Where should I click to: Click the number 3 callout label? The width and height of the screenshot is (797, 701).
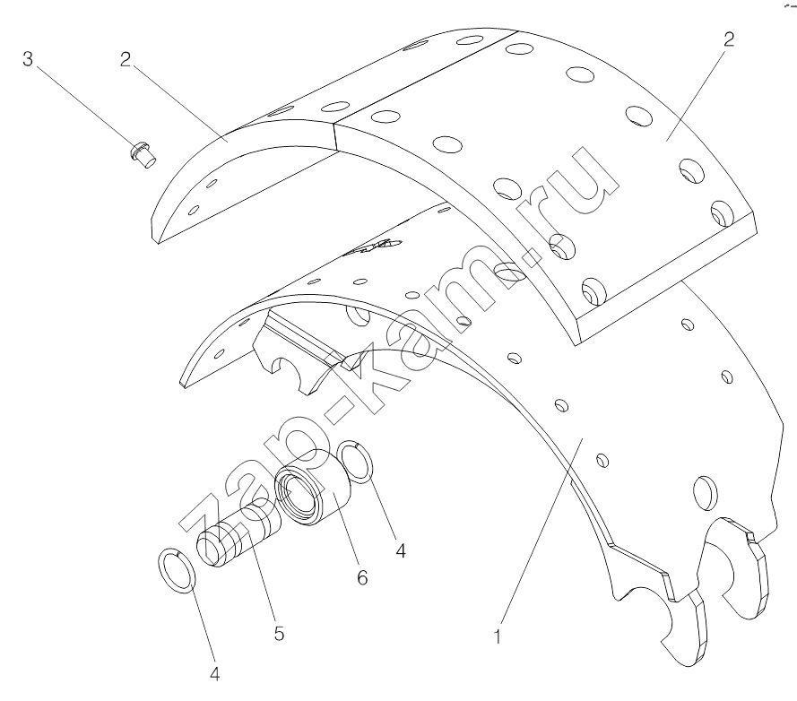point(28,59)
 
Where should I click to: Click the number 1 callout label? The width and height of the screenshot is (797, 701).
point(498,636)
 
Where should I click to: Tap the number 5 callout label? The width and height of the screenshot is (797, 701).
point(279,634)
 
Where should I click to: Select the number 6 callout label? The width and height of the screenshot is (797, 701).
point(362,578)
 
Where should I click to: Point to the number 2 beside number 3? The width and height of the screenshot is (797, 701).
point(126,59)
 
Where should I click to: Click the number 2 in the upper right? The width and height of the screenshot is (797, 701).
point(729,39)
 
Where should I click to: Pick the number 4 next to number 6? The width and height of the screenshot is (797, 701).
point(401,550)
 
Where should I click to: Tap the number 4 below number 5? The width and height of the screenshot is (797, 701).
point(214,675)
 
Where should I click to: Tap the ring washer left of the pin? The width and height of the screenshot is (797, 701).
point(178,570)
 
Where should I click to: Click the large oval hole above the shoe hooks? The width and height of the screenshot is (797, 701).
point(705,492)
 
